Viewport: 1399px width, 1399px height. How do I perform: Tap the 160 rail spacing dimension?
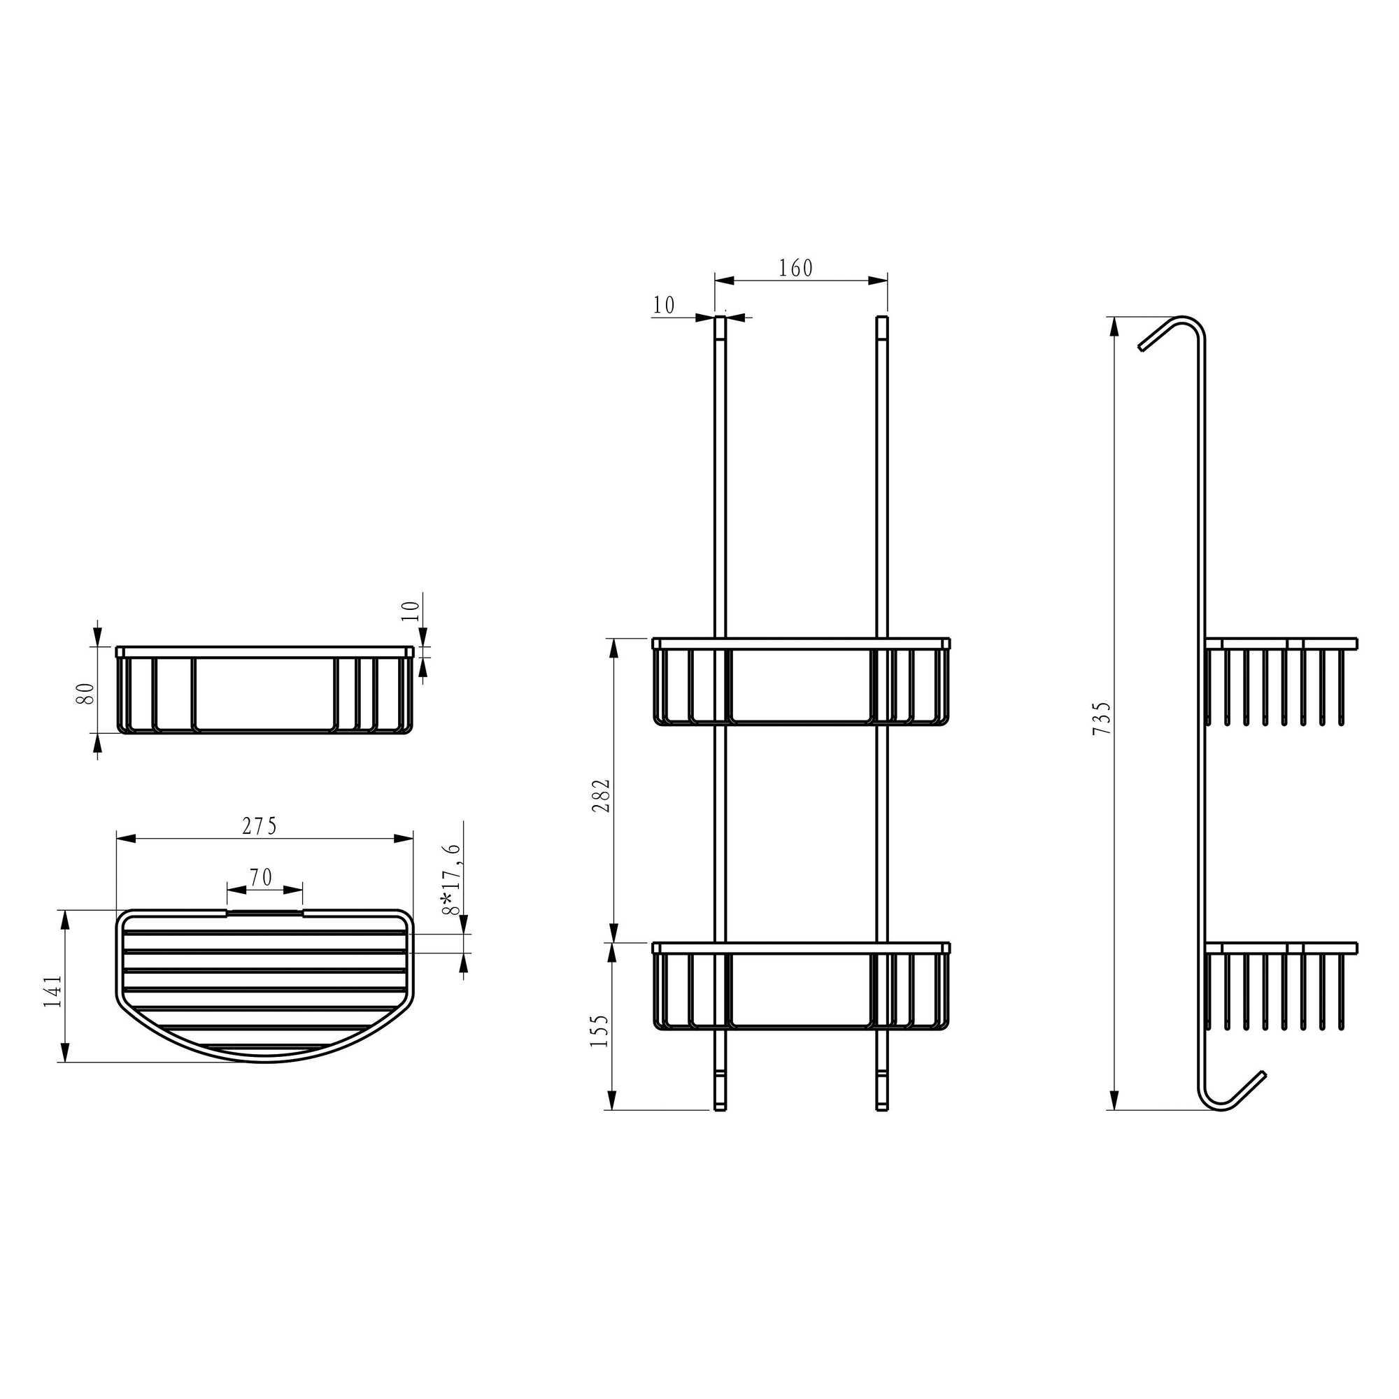(x=796, y=268)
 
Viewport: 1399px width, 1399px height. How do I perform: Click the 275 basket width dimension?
(x=260, y=826)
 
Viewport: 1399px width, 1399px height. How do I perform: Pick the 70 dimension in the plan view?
(x=261, y=878)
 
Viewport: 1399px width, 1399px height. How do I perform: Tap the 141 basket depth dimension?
(x=52, y=991)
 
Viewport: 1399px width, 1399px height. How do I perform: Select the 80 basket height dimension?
(x=85, y=694)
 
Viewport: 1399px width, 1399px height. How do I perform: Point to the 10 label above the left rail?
(x=663, y=306)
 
